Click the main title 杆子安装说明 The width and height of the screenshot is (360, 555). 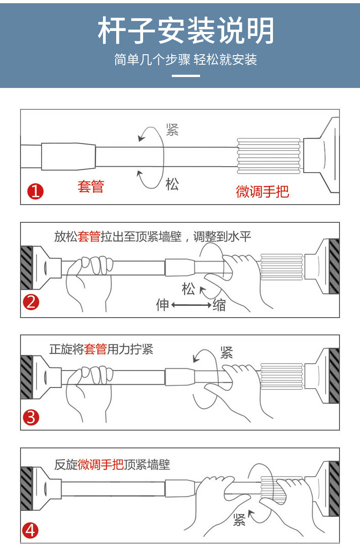[x=186, y=31]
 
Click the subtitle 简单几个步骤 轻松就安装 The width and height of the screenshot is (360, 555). [x=185, y=59]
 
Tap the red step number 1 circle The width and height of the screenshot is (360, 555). [x=36, y=191]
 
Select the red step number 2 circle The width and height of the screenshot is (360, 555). [x=31, y=302]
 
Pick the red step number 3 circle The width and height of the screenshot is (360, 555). [x=31, y=417]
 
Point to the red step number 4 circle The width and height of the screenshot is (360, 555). [x=31, y=530]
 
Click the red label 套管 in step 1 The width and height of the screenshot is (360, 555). [x=91, y=186]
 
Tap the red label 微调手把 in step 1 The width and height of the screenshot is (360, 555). [x=262, y=191]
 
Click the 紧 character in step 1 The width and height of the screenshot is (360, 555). [x=172, y=129]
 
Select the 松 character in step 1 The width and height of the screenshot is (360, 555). [x=172, y=184]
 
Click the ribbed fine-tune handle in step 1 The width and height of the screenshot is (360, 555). [x=269, y=156]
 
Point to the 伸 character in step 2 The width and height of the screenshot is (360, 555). [x=163, y=305]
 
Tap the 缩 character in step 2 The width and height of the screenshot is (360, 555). [x=219, y=305]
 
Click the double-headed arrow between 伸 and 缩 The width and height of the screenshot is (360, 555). [x=191, y=305]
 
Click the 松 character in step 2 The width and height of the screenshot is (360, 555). [x=188, y=289]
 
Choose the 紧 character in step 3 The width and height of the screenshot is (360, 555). [x=226, y=353]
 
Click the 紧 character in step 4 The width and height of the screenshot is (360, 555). [x=239, y=520]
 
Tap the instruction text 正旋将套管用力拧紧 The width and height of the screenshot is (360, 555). [x=101, y=349]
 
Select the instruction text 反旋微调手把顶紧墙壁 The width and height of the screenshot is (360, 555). [x=112, y=465]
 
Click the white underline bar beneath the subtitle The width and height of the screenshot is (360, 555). [x=186, y=76]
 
